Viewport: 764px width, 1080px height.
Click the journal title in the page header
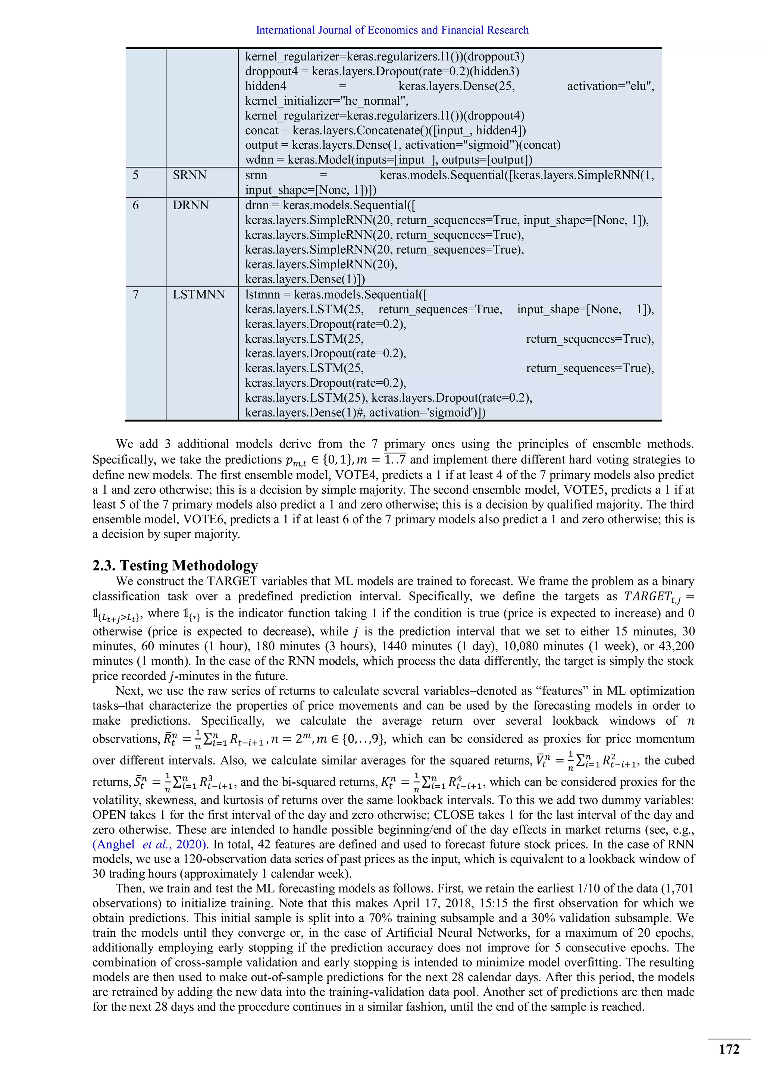click(392, 30)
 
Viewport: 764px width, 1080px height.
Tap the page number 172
click(729, 1049)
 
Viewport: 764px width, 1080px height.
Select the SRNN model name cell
click(190, 175)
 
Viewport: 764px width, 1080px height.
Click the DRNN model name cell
click(191, 205)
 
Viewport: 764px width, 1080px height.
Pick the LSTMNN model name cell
click(199, 295)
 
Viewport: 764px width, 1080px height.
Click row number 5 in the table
click(135, 175)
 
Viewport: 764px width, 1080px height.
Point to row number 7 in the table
click(135, 295)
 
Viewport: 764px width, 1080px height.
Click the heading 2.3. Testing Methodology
click(175, 565)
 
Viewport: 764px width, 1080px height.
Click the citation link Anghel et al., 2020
click(150, 844)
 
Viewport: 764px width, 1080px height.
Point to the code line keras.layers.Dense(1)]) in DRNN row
click(305, 279)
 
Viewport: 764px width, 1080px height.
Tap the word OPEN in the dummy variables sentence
click(110, 815)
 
